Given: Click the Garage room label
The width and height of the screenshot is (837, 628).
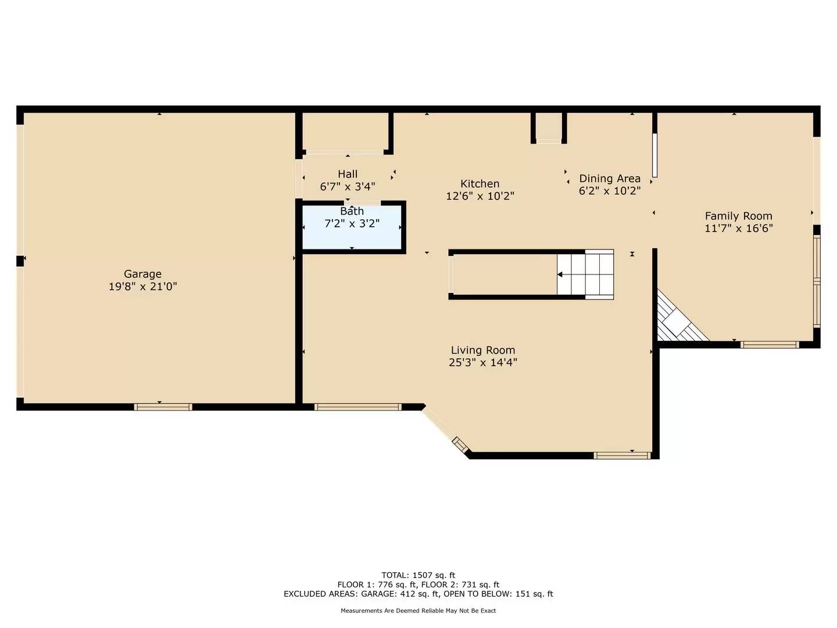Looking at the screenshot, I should [x=142, y=274].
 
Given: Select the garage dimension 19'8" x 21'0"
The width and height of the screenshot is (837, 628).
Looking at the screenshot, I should [x=142, y=287].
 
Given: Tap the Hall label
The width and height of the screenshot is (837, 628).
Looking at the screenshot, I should [x=348, y=174].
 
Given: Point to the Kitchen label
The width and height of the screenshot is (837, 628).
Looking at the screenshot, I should [x=480, y=184].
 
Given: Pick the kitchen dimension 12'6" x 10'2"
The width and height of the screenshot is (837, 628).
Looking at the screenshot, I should [x=480, y=197].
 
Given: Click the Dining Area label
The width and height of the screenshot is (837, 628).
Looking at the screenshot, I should [x=610, y=179].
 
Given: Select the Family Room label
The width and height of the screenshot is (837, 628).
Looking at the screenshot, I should [x=738, y=216].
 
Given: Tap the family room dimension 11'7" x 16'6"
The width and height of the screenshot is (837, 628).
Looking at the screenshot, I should [x=738, y=229].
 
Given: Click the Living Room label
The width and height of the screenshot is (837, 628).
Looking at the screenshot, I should [x=483, y=350].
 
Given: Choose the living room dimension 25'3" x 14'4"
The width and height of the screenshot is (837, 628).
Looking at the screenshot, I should [x=483, y=363].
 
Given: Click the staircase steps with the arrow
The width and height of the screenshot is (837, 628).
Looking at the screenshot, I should [x=585, y=274].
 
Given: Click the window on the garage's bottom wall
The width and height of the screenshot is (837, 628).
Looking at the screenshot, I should [x=163, y=407].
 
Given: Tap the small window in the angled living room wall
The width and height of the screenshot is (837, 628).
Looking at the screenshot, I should [x=460, y=445].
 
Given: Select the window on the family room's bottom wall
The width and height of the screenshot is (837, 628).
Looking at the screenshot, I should [x=770, y=345].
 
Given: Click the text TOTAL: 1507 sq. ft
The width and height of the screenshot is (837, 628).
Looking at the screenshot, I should [x=418, y=575].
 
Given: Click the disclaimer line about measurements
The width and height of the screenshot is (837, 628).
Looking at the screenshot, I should [x=418, y=611].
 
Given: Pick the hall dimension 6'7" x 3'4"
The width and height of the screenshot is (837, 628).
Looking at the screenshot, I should [x=348, y=187].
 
